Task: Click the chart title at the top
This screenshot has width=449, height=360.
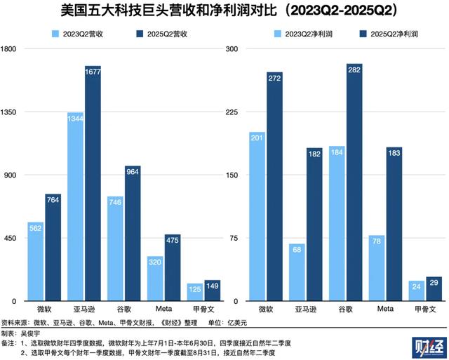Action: tap(224, 11)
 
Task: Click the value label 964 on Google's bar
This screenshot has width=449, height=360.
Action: tap(133, 171)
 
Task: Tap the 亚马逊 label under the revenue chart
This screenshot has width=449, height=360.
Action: tap(85, 309)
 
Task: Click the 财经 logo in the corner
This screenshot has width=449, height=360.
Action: tap(426, 346)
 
